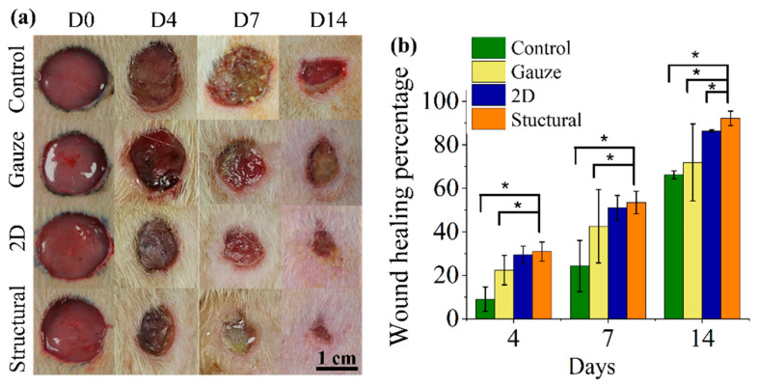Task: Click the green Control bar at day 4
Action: pyautogui.click(x=485, y=309)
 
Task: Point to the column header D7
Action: pyautogui.click(x=230, y=16)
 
